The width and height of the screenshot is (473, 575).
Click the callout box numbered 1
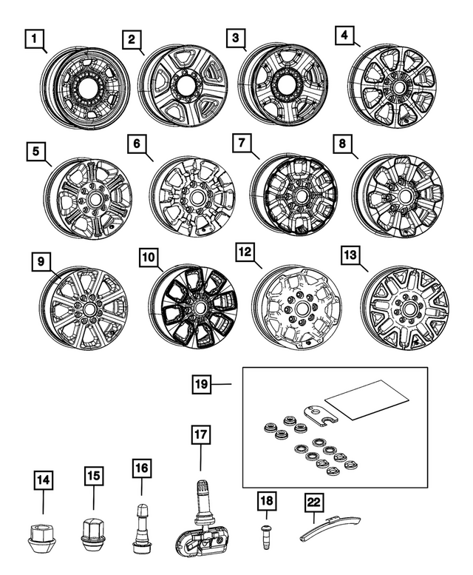(x=33, y=37)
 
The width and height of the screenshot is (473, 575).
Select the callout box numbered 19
(x=202, y=384)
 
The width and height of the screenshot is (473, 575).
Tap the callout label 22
(x=314, y=503)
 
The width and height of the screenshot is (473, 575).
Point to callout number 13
(x=350, y=256)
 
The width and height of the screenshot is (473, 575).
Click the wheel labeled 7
(x=299, y=195)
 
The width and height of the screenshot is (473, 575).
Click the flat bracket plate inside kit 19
(x=319, y=414)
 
